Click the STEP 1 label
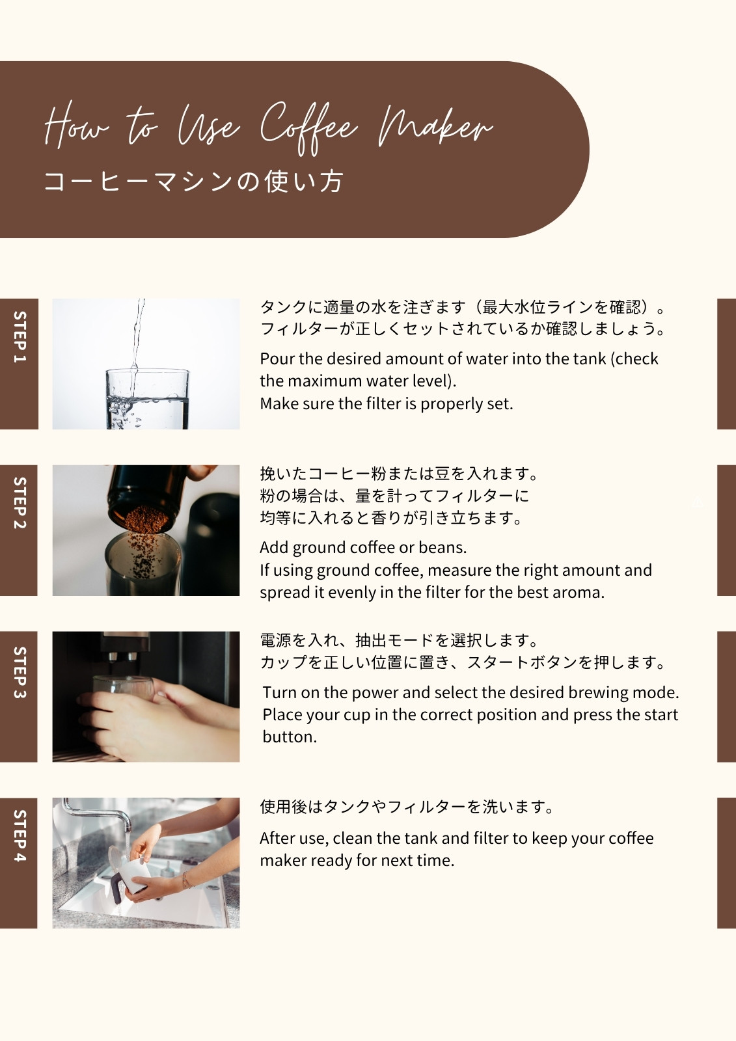coord(20,336)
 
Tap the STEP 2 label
coord(20,503)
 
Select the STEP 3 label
coord(20,673)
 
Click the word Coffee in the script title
coord(308,128)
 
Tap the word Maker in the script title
coord(435,126)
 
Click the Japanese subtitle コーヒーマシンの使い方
coord(193,182)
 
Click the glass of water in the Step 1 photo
coord(147,399)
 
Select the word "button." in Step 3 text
coord(289,737)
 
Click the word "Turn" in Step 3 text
coord(279,692)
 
